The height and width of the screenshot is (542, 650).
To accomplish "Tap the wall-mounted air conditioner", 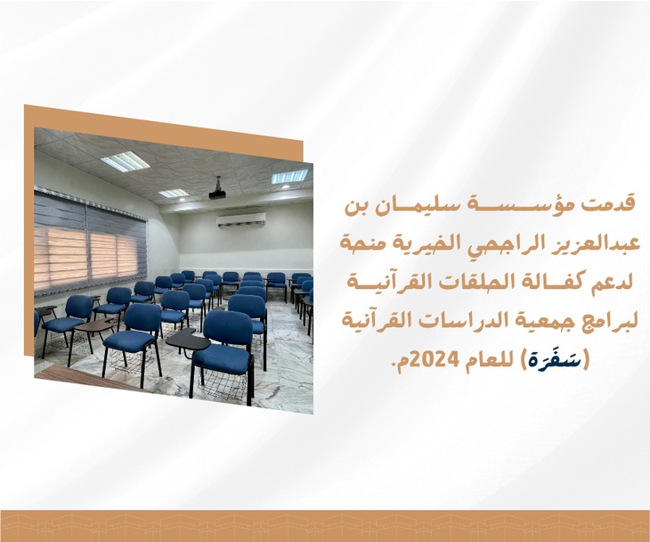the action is [241, 219].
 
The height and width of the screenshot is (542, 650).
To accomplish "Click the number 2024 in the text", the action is [435, 358].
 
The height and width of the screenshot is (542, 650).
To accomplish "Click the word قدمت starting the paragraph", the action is [613, 205].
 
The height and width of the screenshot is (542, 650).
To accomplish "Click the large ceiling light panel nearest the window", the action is [125, 161].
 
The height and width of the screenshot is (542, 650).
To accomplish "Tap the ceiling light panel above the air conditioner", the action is [289, 176].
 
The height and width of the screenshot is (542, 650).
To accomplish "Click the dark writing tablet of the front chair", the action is [187, 341].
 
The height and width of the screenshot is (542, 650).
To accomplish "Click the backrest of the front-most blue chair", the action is [229, 330].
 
